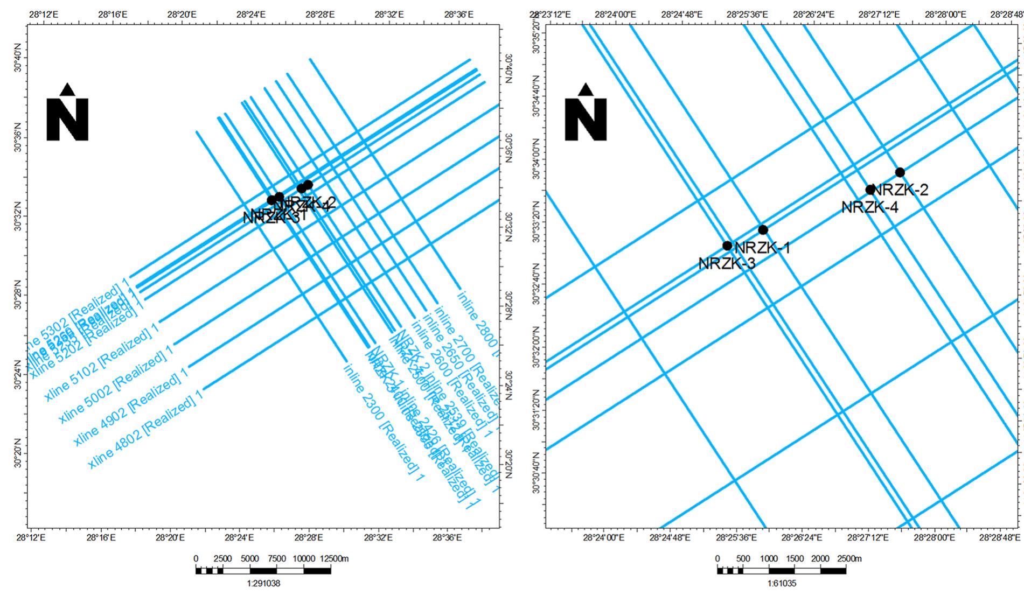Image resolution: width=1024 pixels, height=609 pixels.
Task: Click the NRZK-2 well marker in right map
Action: [x=900, y=172]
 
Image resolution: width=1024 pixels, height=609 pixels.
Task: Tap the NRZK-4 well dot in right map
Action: [x=870, y=190]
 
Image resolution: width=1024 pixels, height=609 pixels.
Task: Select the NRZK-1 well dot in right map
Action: [x=763, y=230]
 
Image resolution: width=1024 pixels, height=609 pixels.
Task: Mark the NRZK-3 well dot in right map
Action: [x=727, y=246]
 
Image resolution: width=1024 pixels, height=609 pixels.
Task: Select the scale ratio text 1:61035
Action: [x=782, y=583]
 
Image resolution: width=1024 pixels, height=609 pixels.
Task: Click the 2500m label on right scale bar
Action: [x=849, y=559]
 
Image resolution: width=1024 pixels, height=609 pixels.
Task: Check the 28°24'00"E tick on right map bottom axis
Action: [x=604, y=537]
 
